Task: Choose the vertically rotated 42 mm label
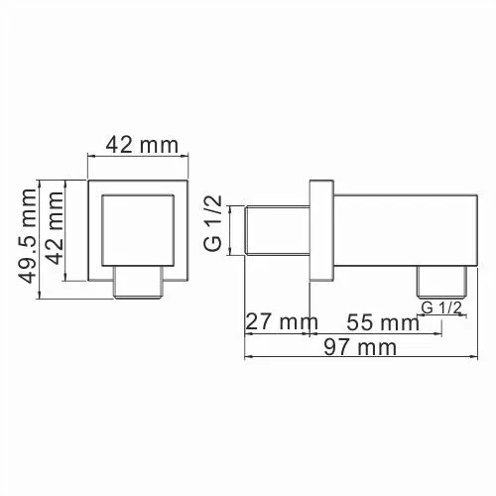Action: pyautogui.click(x=56, y=230)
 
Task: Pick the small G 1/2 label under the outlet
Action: pyautogui.click(x=441, y=309)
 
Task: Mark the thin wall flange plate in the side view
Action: pyautogui.click(x=321, y=230)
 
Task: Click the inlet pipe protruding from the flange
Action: pyautogui.click(x=277, y=230)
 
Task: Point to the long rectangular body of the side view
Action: pyautogui.click(x=397, y=230)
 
